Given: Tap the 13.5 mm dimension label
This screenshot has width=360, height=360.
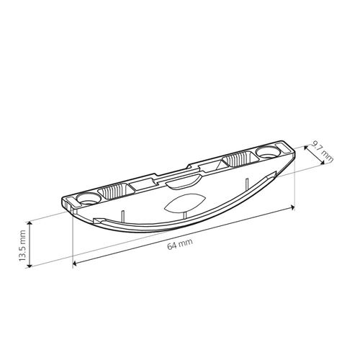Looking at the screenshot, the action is click(22, 246).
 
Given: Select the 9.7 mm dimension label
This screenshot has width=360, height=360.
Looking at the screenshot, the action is click(323, 151).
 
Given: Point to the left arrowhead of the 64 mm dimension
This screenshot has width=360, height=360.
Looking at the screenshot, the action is click(74, 264).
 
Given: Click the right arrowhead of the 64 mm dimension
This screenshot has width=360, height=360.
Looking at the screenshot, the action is click(292, 208).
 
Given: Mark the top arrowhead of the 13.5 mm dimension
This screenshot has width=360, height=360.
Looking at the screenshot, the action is click(30, 224).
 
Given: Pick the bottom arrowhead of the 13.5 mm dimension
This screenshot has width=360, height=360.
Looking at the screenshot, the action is click(30, 265).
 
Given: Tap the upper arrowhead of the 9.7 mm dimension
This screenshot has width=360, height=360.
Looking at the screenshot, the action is click(306, 148).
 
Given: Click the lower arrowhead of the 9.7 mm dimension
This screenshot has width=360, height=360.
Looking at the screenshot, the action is click(323, 163).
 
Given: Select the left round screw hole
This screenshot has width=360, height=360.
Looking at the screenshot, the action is click(89, 199).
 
